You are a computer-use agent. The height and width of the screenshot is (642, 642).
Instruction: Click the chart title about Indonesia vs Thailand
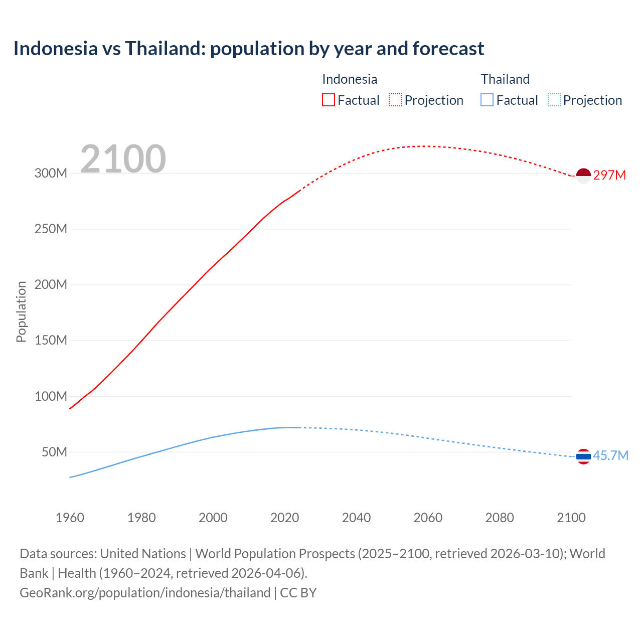[x=249, y=49]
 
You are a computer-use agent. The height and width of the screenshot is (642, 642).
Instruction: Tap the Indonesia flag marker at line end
[x=583, y=176]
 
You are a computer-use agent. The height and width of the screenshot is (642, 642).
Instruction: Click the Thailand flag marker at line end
[x=583, y=456]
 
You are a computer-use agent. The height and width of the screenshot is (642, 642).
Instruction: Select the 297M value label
[x=609, y=175]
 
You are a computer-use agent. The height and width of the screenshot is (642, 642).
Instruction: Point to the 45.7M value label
[x=610, y=455]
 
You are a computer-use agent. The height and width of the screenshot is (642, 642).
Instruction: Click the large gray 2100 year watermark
[x=123, y=159]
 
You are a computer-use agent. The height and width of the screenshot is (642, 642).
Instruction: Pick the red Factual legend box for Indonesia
[x=328, y=100]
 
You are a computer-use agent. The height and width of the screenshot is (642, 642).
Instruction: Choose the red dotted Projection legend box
[x=395, y=100]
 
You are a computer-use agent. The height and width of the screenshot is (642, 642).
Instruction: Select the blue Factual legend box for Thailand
[x=487, y=100]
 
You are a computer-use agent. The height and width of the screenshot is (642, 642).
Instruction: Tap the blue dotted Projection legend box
[x=554, y=100]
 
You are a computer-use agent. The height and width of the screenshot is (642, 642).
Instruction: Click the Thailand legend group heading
[x=505, y=79]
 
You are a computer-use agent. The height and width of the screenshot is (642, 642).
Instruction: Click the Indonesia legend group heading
[x=350, y=79]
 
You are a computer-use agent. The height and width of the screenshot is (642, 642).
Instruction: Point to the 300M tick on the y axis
[x=51, y=174]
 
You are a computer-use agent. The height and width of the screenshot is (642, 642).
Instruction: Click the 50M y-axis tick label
[x=54, y=452]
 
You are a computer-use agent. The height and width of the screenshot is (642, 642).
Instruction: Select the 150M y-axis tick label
[x=51, y=341]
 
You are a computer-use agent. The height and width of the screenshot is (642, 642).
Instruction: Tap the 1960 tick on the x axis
[x=70, y=518]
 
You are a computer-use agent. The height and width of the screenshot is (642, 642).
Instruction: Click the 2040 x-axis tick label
[x=356, y=518]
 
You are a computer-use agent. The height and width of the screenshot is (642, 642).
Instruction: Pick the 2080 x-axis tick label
[x=500, y=518]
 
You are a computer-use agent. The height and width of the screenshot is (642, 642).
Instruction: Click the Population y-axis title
[x=21, y=311]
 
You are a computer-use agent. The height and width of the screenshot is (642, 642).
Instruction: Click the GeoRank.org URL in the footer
[x=145, y=593]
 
